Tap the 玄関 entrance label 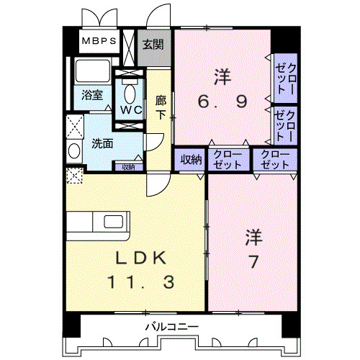[152, 44]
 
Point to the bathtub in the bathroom [91, 73]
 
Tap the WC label [130, 110]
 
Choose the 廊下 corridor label [161, 107]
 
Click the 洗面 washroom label [102, 143]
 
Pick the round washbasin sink [74, 151]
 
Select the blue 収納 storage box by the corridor [190, 159]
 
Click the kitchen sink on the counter [114, 220]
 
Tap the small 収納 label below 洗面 [127, 167]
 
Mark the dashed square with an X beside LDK [73, 174]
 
